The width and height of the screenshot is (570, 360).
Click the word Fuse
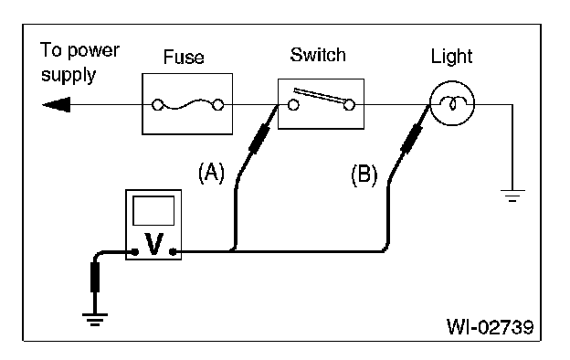[x=184, y=57]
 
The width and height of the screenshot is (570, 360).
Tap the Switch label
[x=318, y=55]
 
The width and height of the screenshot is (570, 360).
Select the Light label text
[x=451, y=57]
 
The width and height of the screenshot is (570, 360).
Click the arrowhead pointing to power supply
[x=57, y=105]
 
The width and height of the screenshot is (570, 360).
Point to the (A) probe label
[x=212, y=173]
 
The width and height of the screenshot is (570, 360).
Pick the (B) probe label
[x=364, y=175]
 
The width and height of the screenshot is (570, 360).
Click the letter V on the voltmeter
[x=153, y=244]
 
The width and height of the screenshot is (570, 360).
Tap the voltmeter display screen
[x=153, y=210]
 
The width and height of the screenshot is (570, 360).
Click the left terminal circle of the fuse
[x=157, y=105]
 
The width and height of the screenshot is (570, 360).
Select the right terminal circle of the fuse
[x=217, y=105]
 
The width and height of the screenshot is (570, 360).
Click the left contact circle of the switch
[x=293, y=105]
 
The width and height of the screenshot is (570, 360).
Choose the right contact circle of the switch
[x=349, y=105]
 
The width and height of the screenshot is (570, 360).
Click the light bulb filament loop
[x=452, y=103]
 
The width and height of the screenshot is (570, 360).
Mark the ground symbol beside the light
[x=512, y=196]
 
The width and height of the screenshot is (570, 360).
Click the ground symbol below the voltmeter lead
[x=95, y=319]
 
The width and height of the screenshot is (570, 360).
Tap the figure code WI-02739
[x=490, y=327]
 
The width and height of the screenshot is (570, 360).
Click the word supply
[x=69, y=75]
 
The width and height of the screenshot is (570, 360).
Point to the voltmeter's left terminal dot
[x=135, y=251]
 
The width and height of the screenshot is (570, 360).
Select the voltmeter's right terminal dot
[x=173, y=251]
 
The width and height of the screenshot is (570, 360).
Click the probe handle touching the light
[x=411, y=139]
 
